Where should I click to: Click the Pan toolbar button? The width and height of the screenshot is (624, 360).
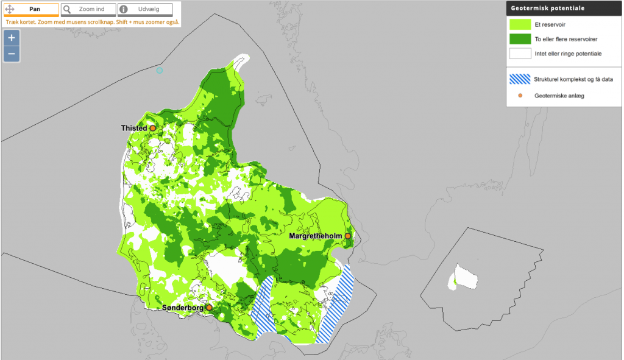point(31,10)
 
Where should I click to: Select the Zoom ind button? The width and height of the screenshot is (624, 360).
point(88,10)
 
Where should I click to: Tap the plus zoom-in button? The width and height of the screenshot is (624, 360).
point(12,37)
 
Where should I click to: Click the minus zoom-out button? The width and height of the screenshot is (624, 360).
point(12,54)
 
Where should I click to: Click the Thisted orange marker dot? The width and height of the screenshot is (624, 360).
point(153,128)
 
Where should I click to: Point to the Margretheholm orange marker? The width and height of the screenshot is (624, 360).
point(348,236)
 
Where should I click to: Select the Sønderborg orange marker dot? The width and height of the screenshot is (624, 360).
point(209,308)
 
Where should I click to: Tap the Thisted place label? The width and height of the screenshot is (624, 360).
point(133,129)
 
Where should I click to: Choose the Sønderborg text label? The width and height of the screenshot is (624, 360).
point(182,308)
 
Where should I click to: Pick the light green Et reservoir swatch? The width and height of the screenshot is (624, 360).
point(520,24)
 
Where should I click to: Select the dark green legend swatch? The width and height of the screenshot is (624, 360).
point(520,39)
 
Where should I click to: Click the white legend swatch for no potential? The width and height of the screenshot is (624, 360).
point(520,54)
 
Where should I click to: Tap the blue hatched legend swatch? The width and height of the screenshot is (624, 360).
point(520,79)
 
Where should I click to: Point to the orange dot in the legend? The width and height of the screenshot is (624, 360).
point(520,96)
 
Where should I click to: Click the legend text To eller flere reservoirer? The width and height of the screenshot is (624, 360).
point(565,39)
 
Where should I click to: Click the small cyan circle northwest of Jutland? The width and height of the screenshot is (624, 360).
point(160,70)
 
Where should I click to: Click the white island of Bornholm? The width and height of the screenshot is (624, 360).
point(467,278)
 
